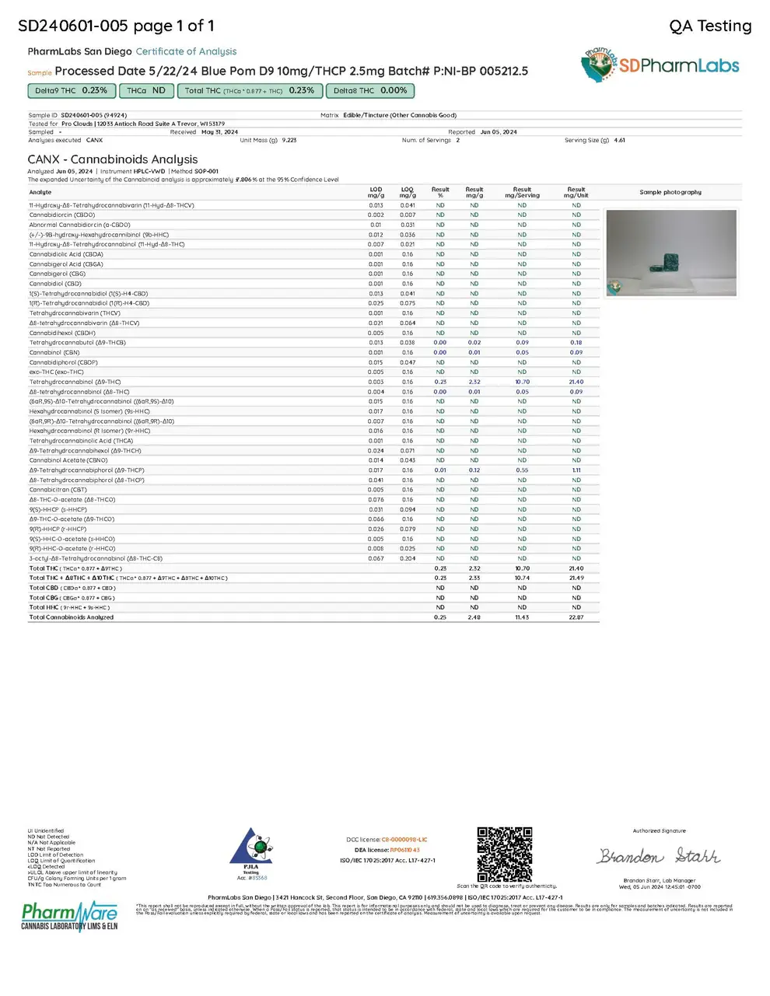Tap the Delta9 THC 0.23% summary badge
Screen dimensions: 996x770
pyautogui.click(x=71, y=91)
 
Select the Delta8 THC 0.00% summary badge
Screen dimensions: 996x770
pyautogui.click(x=370, y=91)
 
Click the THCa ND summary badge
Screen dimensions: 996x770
pyautogui.click(x=146, y=91)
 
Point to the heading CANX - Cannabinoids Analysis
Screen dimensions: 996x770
pyautogui.click(x=113, y=159)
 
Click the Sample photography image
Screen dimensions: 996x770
pyautogui.click(x=670, y=253)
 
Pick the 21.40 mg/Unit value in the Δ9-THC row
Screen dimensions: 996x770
pyautogui.click(x=576, y=382)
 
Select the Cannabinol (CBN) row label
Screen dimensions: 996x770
pyautogui.click(x=54, y=352)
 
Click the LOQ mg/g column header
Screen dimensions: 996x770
pyautogui.click(x=408, y=192)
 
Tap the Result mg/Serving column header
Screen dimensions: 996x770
pyautogui.click(x=522, y=192)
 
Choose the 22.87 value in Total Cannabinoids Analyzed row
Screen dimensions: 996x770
pyautogui.click(x=576, y=617)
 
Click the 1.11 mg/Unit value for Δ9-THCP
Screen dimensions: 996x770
pyautogui.click(x=576, y=470)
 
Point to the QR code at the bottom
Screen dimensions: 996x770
pyautogui.click(x=505, y=854)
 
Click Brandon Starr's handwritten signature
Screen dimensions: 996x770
pyautogui.click(x=658, y=857)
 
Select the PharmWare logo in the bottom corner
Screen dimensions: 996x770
pyautogui.click(x=69, y=916)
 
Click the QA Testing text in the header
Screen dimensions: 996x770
pyautogui.click(x=710, y=26)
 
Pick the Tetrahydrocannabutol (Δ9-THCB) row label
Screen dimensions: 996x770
pyautogui.click(x=78, y=343)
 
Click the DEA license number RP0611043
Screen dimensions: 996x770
pyautogui.click(x=404, y=850)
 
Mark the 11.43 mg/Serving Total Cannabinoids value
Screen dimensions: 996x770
pyautogui.click(x=522, y=617)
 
